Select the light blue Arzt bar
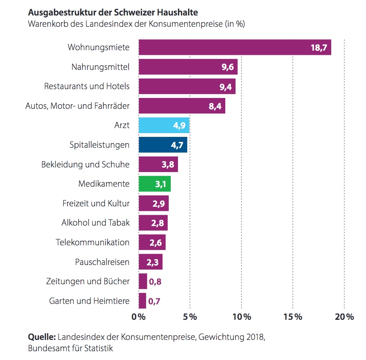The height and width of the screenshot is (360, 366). click(164, 125)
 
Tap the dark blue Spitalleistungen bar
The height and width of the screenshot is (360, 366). click(162, 145)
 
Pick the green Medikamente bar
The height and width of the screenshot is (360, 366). click(154, 184)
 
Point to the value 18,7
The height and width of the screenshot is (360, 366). click(318, 48)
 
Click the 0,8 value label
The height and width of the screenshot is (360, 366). click(155, 281)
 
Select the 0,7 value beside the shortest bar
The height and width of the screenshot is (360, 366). click(155, 301)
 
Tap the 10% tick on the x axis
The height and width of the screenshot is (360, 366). click(242, 317)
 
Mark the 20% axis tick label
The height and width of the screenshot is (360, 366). click(344, 317)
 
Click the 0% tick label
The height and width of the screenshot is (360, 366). click(139, 317)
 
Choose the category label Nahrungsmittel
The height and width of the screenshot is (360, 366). click(101, 67)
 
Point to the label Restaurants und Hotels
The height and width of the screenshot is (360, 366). click(87, 86)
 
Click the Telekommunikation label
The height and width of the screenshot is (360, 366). click(93, 242)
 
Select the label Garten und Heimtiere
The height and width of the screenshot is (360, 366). click(89, 301)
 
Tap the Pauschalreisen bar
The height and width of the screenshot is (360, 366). click(150, 262)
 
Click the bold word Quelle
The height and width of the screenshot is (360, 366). click(41, 337)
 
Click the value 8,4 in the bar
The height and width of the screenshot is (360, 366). click(215, 106)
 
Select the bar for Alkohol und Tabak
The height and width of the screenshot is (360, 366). click(153, 223)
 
